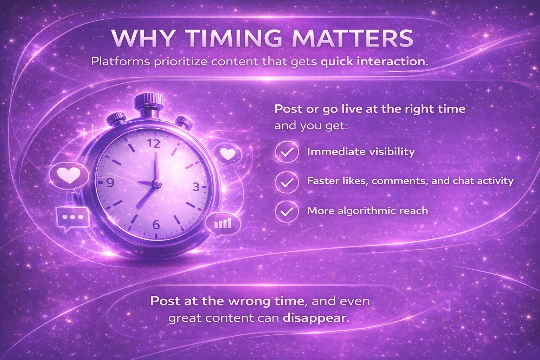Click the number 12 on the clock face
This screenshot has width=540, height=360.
(x=154, y=144)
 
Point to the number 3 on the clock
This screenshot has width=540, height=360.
(x=196, y=187)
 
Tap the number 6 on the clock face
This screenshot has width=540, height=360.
(x=156, y=225)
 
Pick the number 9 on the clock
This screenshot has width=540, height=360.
(x=110, y=183)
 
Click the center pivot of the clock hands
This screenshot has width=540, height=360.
(x=156, y=184)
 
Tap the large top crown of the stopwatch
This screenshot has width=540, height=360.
(x=149, y=100)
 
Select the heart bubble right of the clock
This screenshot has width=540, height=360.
(x=227, y=154)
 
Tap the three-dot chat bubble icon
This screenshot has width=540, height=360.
(x=72, y=218)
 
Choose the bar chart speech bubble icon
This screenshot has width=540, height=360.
(x=223, y=224)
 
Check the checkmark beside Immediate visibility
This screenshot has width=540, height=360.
(x=287, y=152)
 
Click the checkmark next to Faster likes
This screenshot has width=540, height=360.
(x=287, y=182)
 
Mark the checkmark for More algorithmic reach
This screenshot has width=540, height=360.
(x=287, y=211)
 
